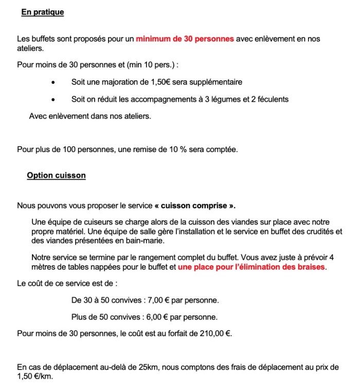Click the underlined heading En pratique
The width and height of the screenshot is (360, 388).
pyautogui.click(x=43, y=12)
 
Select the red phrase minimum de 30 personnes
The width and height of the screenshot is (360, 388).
pyautogui.click(x=185, y=39)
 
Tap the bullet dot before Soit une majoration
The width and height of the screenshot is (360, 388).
pyautogui.click(x=53, y=82)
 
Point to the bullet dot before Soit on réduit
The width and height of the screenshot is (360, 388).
pyautogui.click(x=53, y=99)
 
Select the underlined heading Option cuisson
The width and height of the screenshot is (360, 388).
pyautogui.click(x=56, y=175)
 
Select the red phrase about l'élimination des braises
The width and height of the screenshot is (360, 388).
pyautogui.click(x=251, y=268)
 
